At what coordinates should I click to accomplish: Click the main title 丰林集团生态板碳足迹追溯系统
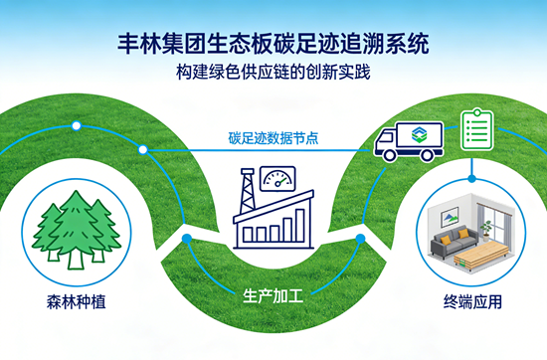pos(273,43)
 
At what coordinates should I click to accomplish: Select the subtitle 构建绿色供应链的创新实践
pos(273,73)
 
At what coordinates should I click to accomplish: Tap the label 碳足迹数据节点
pos(273,137)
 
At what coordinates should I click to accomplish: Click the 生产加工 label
pos(273,295)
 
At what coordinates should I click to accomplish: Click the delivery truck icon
pos(408,142)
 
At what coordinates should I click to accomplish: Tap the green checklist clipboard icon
pos(477,131)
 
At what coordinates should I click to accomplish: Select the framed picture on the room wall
pos(449,210)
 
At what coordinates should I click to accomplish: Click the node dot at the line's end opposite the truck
pos(143,150)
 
